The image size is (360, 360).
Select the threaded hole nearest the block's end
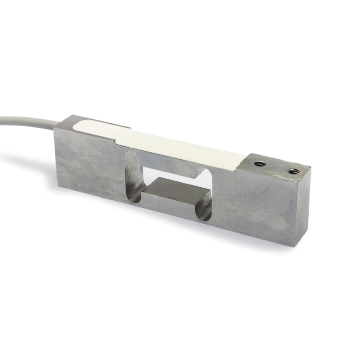(x=293, y=171)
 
